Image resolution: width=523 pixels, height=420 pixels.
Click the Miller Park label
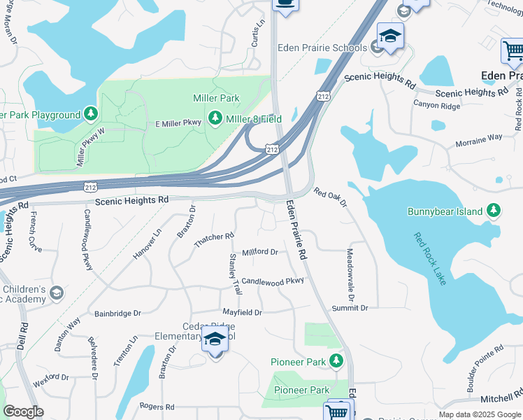(216, 98)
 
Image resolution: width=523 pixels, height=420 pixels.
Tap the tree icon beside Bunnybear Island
(494, 211)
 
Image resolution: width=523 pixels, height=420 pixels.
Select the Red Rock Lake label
(429, 260)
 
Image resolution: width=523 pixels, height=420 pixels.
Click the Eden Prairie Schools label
(322, 48)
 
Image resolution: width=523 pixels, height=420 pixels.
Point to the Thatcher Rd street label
(214, 240)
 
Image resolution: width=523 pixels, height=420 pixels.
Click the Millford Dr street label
(259, 253)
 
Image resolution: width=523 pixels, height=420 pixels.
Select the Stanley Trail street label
(234, 274)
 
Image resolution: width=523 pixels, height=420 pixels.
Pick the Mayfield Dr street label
(242, 312)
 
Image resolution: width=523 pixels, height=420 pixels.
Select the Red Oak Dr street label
(330, 197)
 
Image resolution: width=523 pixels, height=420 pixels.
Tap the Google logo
(23, 411)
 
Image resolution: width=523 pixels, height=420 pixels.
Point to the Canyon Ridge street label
(436, 106)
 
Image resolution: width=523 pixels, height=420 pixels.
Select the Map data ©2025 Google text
(479, 414)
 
